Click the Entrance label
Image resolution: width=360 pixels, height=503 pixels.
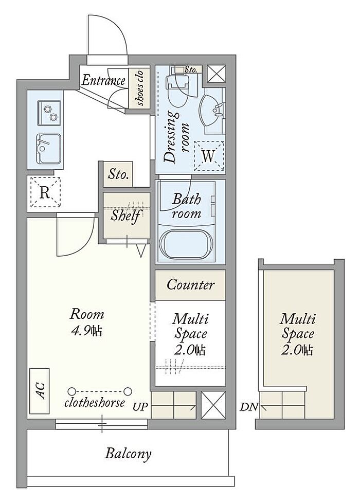coord(103,80)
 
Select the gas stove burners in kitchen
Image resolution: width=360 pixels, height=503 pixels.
coord(49,113)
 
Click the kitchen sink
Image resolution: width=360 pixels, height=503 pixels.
coord(49,149)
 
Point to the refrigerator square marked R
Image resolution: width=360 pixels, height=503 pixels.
coord(45,192)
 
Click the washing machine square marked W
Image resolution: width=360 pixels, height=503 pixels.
coord(209,156)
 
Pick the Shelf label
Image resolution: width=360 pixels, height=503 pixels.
coord(126,215)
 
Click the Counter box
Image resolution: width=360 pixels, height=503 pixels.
coord(191,285)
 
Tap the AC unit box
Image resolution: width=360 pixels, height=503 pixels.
coord(40,391)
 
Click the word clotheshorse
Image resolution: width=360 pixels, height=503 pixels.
coord(94,403)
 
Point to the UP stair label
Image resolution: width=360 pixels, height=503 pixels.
coord(140,407)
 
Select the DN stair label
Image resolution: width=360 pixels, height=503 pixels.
coord(249,407)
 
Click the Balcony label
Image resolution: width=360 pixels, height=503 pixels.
coord(128,454)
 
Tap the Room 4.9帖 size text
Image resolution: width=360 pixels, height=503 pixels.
coord(86,322)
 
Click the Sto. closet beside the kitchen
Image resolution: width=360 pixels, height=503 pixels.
coord(118,174)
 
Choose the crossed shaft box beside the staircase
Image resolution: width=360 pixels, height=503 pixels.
coord(213,405)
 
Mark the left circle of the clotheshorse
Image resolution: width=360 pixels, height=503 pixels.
coord(72,391)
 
